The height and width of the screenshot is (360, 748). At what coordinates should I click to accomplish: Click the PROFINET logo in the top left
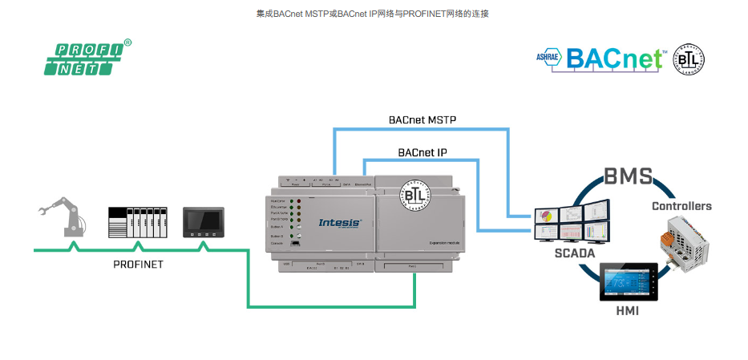tap(87, 58)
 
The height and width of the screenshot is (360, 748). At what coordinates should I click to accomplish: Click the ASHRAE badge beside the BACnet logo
tap(549, 58)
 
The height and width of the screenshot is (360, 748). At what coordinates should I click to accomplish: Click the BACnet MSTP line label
tap(423, 120)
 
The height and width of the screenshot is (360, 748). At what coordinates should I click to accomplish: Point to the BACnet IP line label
tap(423, 152)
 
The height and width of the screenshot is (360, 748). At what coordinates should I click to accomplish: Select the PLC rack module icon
tap(137, 224)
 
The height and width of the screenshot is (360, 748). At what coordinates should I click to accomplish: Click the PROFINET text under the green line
tap(137, 264)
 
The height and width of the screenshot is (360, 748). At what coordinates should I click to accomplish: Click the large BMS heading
tap(628, 176)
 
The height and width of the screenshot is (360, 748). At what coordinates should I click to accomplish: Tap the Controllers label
tap(681, 206)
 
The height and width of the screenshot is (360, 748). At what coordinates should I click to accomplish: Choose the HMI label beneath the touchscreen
tap(627, 310)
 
